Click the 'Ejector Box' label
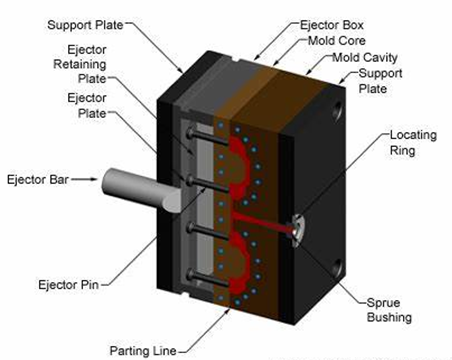coord(331,25)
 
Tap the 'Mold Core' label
coord(337,41)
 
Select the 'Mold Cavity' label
coord(365,57)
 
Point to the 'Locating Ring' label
coord(413,143)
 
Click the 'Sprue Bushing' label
coord(389,310)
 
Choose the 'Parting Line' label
coord(143,351)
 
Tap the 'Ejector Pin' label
coord(69,285)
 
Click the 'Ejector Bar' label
coord(38,179)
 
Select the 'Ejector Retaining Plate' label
coord(80,64)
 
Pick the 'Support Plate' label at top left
coord(85,25)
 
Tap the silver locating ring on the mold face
coord(298,231)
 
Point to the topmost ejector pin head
coord(190,133)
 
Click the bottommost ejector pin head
coord(190,275)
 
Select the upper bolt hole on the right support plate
coord(337,110)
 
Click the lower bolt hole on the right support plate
coord(337,267)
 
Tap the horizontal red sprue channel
coord(262,223)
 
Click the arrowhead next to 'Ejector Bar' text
coord(94,179)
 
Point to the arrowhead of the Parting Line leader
coord(228,311)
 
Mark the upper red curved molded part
coord(241,167)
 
